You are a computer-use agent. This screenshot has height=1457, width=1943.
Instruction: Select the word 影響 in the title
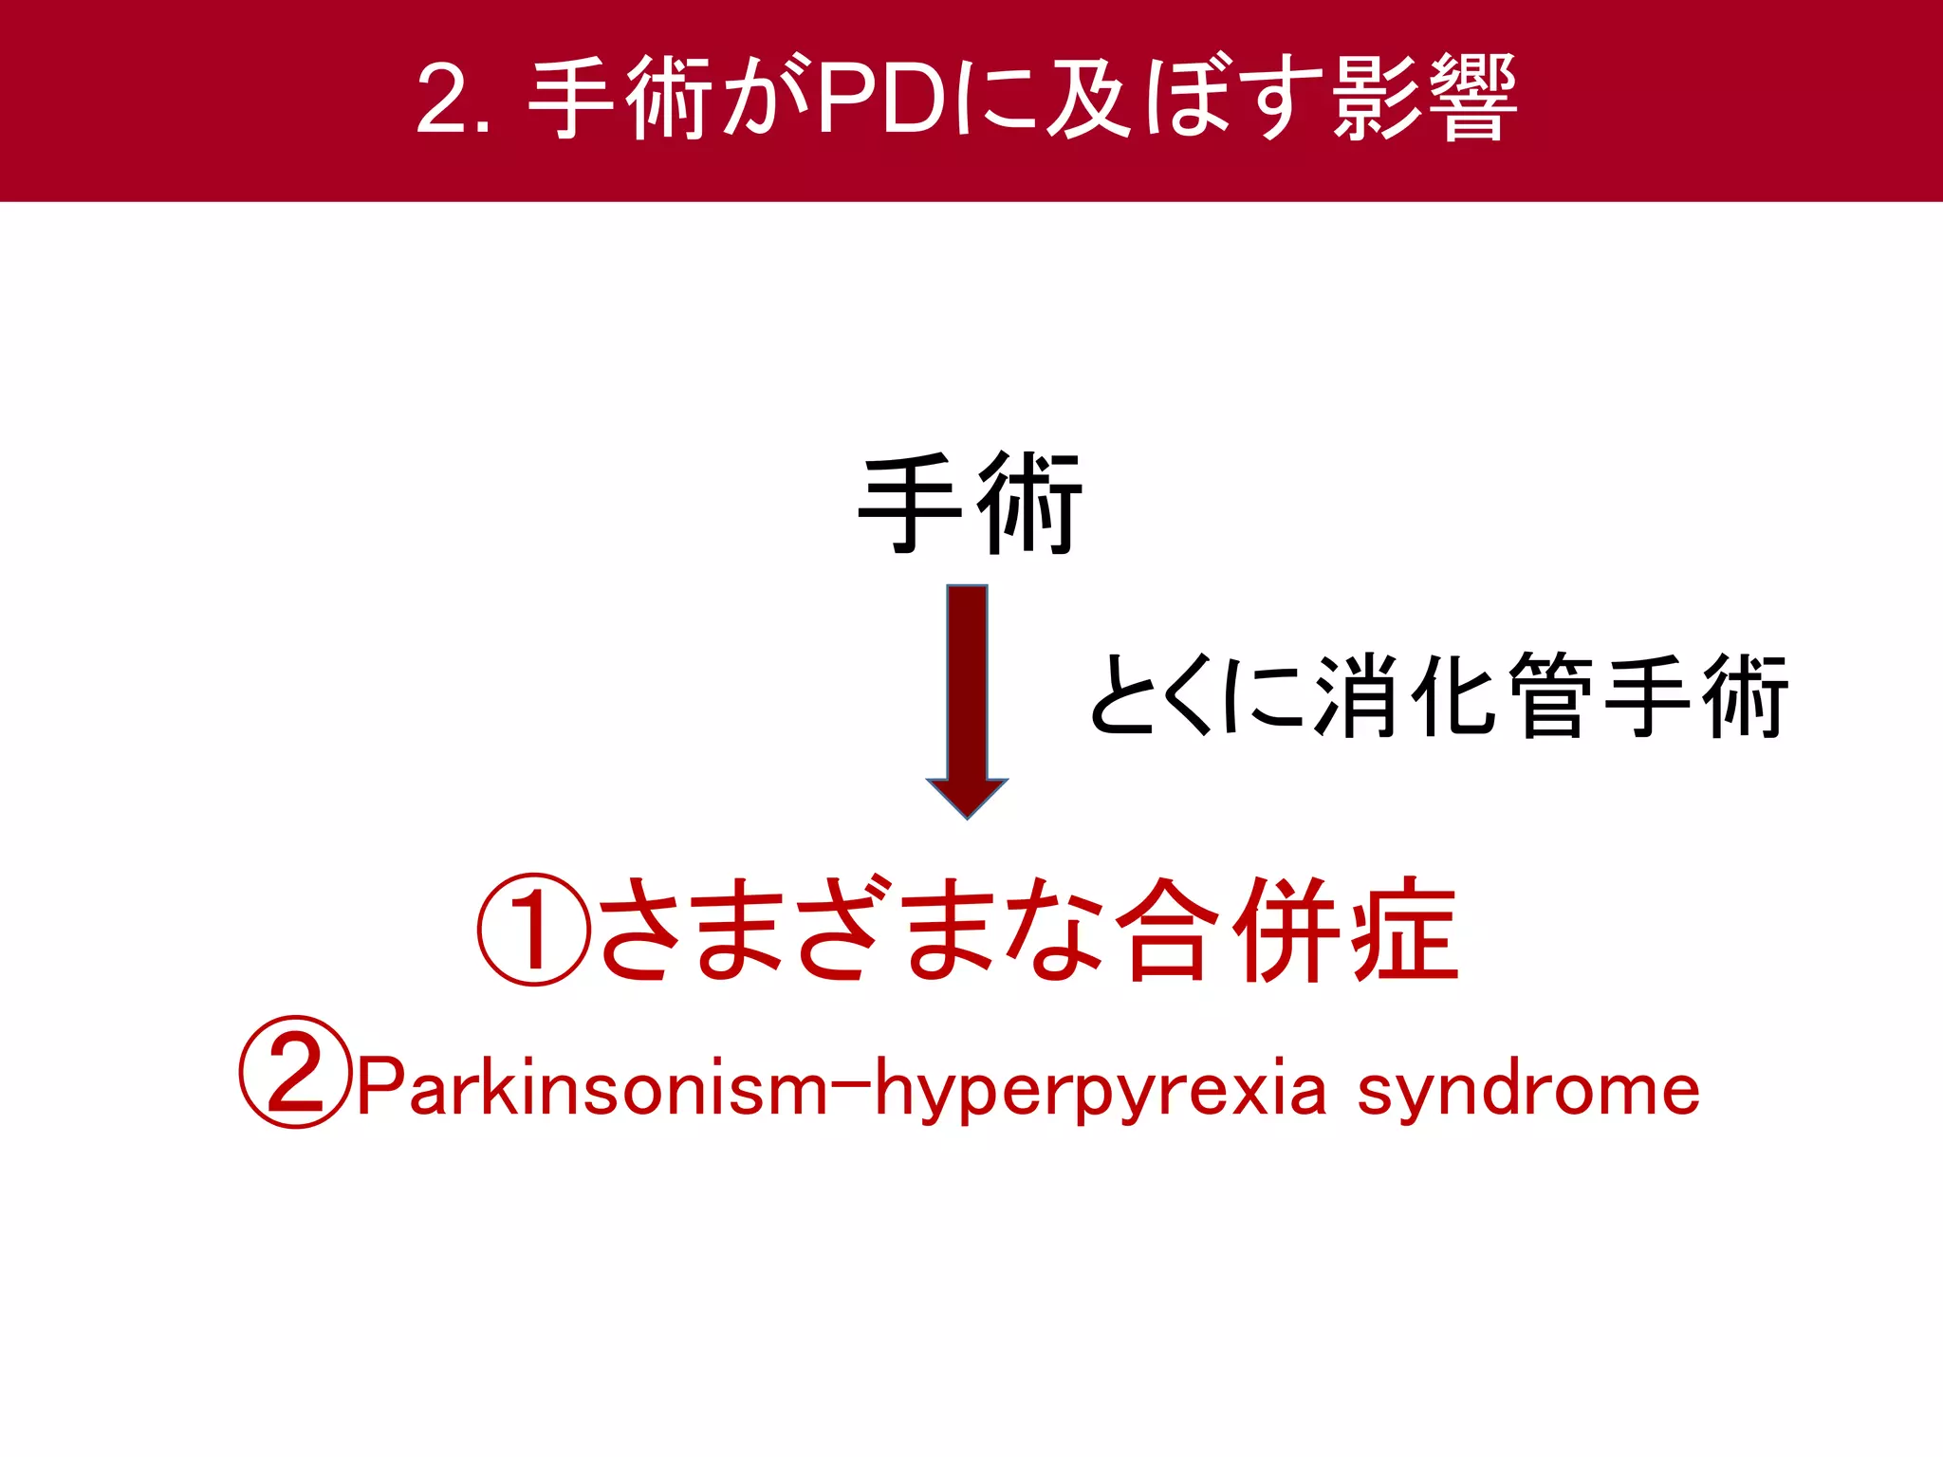[x=1423, y=99]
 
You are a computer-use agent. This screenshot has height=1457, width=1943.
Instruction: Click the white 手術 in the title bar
[x=620, y=99]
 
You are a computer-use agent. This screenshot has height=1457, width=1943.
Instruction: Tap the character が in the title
[x=765, y=99]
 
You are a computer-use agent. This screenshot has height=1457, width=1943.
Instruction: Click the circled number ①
[x=534, y=930]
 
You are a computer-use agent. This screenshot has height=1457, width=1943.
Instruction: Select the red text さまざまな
[x=850, y=930]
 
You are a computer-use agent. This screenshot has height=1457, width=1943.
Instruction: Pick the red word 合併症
[x=1286, y=930]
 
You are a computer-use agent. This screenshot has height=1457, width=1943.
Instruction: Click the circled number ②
[x=295, y=1072]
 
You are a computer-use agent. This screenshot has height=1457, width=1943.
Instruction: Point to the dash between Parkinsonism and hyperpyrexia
[x=851, y=1079]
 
